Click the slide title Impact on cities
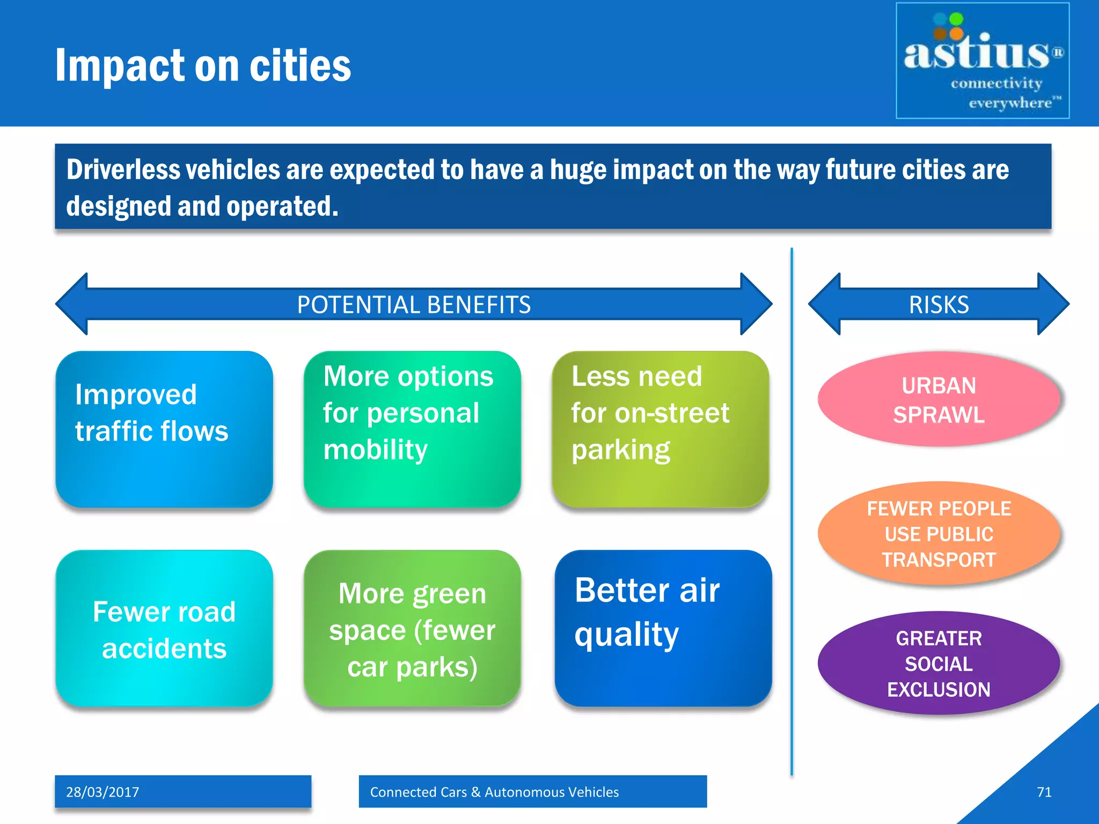[203, 65]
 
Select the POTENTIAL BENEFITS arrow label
[414, 305]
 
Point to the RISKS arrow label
[939, 305]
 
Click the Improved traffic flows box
[164, 429]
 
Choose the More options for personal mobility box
[412, 429]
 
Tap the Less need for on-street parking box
[660, 429]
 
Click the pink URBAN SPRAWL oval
[939, 400]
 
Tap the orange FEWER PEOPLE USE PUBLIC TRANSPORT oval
[939, 534]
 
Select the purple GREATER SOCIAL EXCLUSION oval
[939, 664]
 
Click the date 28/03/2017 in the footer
[102, 792]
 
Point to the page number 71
[1044, 792]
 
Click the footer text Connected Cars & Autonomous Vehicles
[494, 792]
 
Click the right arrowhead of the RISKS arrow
[1053, 304]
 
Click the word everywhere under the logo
[1010, 102]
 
